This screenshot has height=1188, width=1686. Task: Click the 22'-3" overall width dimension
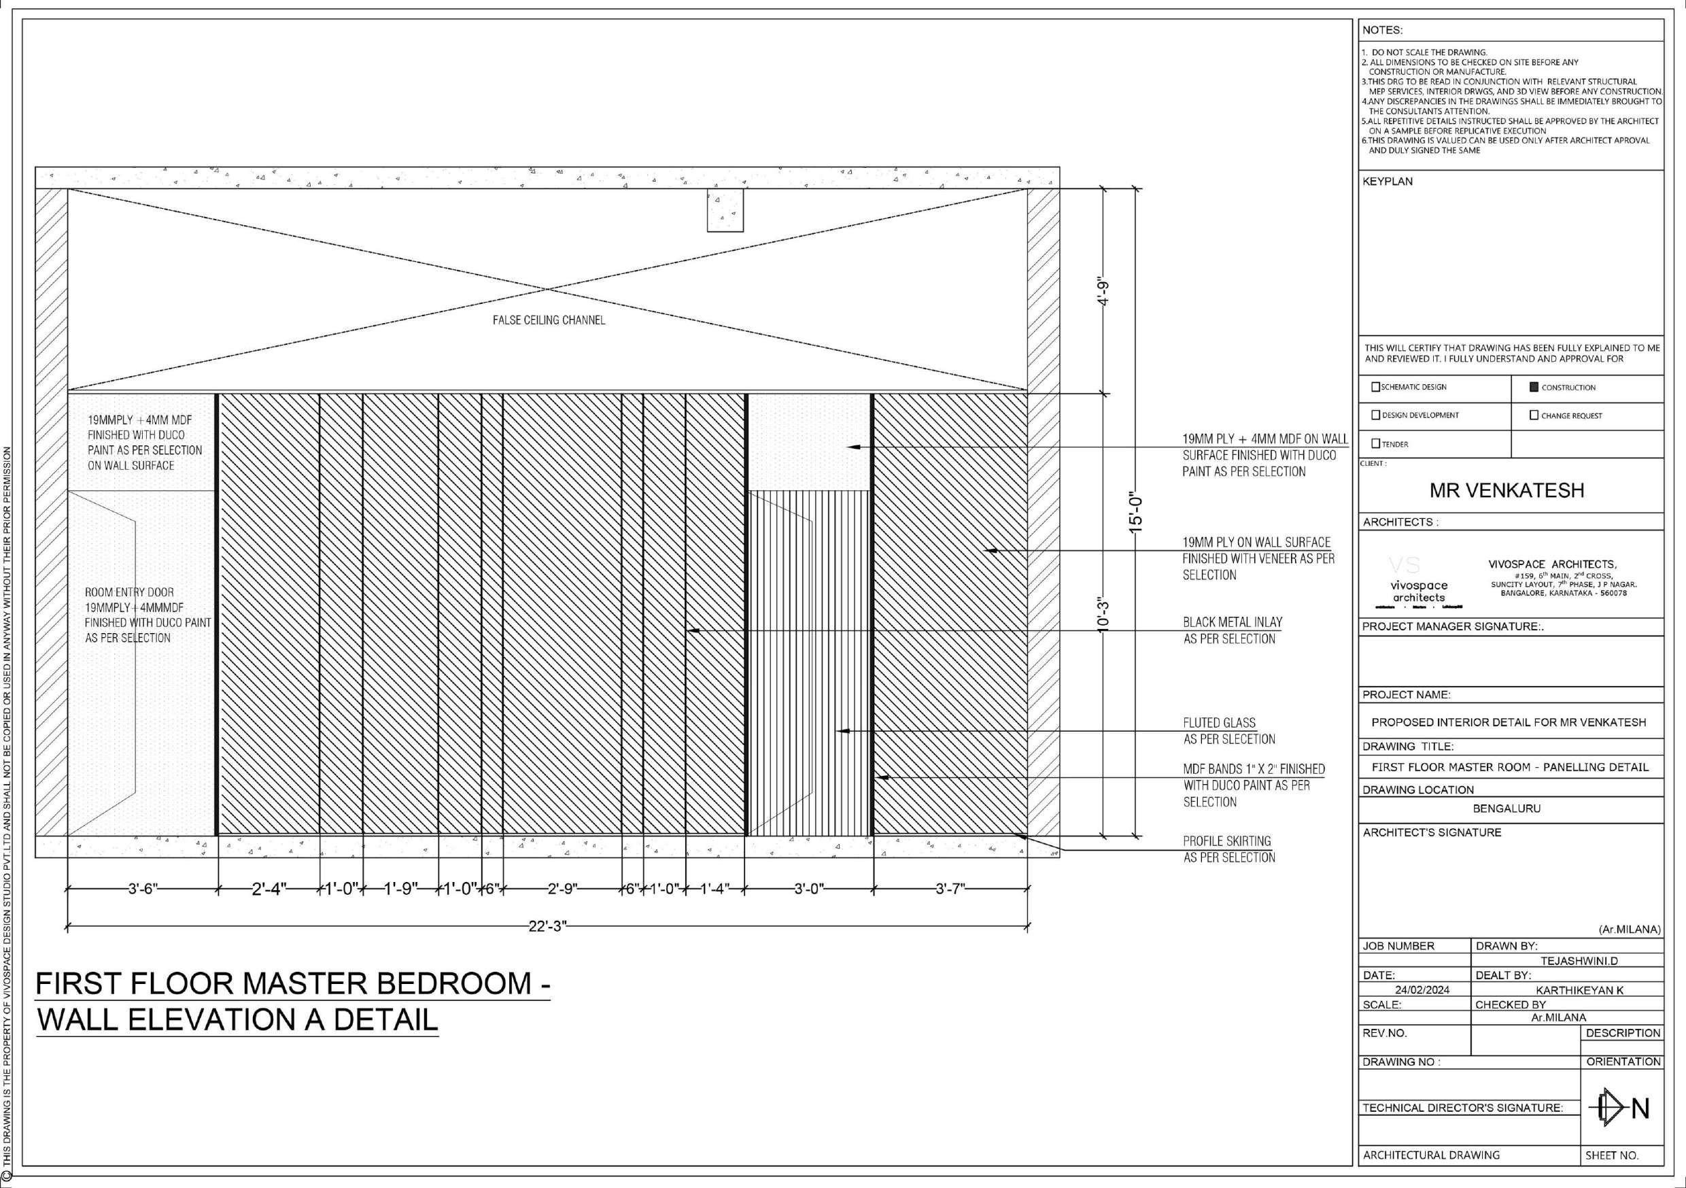(548, 926)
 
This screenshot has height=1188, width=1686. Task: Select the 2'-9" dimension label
(562, 889)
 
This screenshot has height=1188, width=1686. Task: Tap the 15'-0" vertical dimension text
(1136, 512)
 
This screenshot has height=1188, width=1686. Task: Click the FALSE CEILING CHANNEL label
(549, 320)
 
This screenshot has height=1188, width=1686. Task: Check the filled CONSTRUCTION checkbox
(1533, 387)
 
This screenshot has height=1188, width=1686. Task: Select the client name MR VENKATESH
(1507, 491)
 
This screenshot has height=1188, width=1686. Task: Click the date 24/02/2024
(1422, 989)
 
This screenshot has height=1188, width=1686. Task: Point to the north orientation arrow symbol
(1614, 1108)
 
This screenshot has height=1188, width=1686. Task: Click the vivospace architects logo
(1419, 584)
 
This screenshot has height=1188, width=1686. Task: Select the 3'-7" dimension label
(950, 889)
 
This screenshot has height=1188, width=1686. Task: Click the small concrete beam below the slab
(725, 210)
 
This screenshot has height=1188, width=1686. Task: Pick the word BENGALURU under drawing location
(1507, 808)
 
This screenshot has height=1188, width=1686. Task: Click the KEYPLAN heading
(1387, 182)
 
